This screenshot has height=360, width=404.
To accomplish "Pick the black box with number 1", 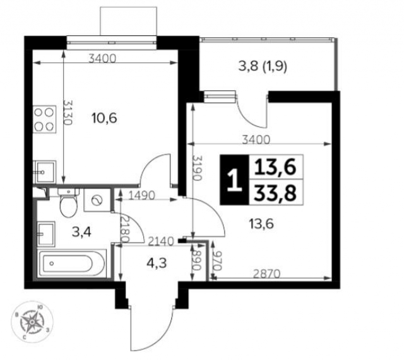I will [x=234, y=180].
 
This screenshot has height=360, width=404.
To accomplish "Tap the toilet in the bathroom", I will [x=67, y=203].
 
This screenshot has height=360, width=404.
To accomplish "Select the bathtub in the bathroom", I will [x=71, y=263].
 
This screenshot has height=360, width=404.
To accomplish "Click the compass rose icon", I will [x=30, y=322].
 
